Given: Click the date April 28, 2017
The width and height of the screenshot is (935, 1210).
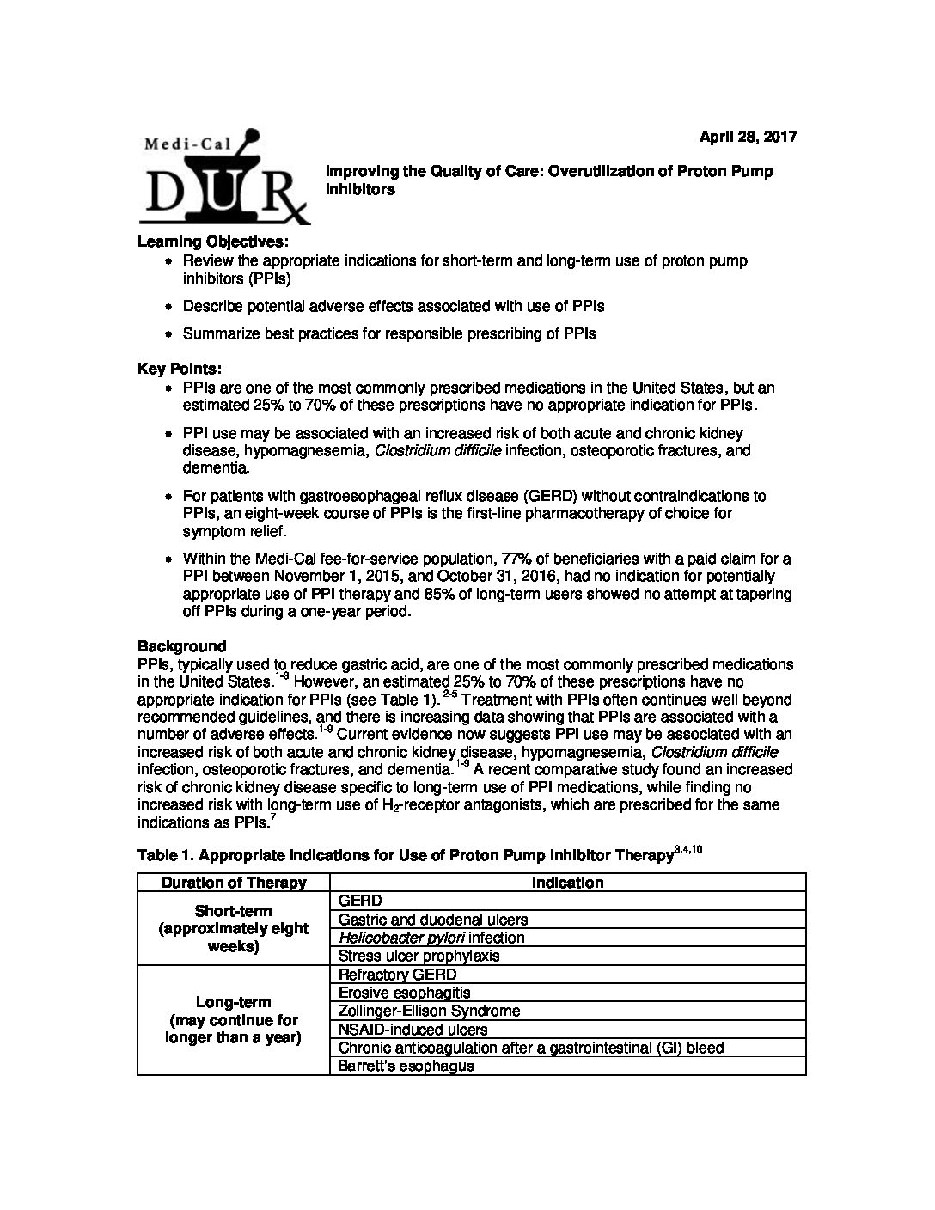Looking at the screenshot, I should [x=748, y=137].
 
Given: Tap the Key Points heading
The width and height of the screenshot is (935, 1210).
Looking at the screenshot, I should [x=179, y=369].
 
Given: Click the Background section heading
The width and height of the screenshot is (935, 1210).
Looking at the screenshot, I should [x=181, y=646].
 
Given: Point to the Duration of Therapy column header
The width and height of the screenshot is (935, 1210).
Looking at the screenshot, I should [x=234, y=883].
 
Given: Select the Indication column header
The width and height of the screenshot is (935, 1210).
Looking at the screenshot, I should [x=567, y=883].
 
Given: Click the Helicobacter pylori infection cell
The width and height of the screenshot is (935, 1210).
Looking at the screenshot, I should [x=431, y=938].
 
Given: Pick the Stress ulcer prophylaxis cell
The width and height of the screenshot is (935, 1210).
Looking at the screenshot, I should [x=419, y=956].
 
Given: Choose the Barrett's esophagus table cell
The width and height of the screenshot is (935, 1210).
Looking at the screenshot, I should [x=406, y=1066].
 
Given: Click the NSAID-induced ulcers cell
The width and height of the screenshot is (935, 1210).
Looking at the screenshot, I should [x=413, y=1030].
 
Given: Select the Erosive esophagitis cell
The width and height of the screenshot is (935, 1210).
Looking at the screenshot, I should [x=405, y=993].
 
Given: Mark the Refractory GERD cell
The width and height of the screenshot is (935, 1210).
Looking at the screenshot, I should [x=398, y=975].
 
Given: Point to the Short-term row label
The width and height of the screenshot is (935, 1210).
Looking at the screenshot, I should [x=234, y=928].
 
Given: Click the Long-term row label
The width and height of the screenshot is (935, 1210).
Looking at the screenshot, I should [x=234, y=1020].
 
